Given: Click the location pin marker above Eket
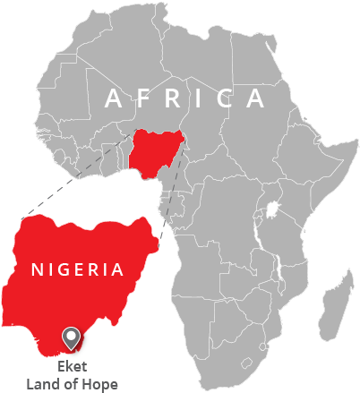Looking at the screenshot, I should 71,337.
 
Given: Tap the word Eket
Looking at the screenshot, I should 71,366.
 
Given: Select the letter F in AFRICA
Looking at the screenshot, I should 142,98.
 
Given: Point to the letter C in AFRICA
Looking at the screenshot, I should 224,98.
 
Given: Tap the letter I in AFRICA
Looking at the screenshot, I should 200,98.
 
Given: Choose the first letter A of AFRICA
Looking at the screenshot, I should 112,98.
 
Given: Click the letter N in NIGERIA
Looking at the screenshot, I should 37,269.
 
